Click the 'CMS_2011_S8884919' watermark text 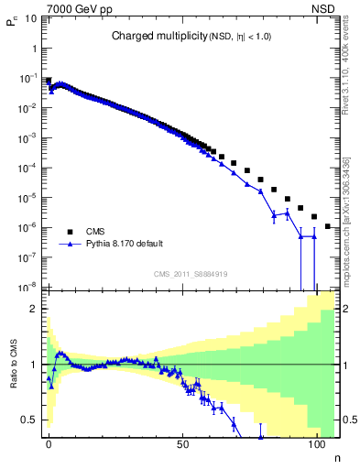click(191, 274)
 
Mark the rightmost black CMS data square click(328, 225)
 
